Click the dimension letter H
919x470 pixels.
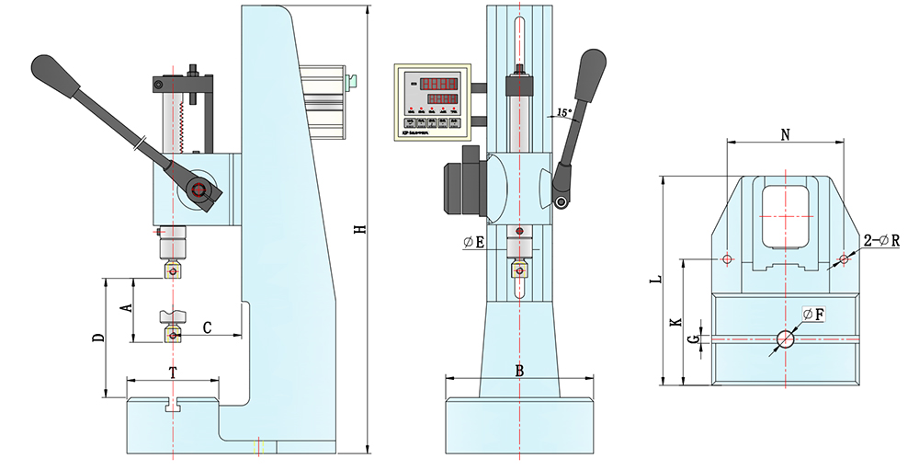[x=361, y=229]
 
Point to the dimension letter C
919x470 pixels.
[x=208, y=327]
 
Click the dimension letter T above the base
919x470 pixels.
[x=172, y=372]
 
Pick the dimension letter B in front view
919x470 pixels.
[x=519, y=371]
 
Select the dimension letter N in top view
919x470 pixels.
[x=785, y=134]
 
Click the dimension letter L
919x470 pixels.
[x=653, y=279]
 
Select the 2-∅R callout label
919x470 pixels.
[x=881, y=241]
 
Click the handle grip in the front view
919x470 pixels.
[x=590, y=74]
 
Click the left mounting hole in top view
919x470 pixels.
[x=727, y=259]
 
